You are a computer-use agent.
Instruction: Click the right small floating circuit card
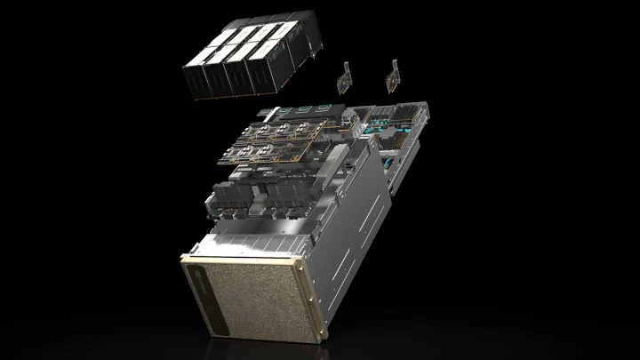[390, 76]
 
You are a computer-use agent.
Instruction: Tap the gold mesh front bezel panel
[228, 292]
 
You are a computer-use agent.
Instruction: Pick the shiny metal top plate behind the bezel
[267, 236]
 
